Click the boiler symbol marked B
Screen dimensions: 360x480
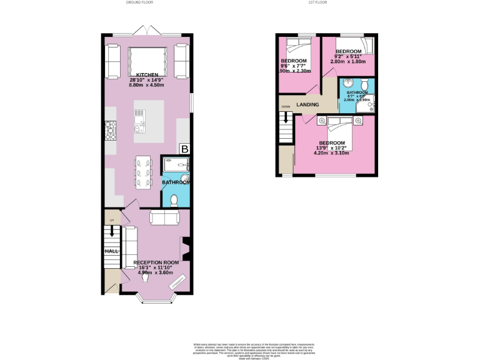click(184, 149)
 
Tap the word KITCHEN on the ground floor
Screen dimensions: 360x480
click(147, 74)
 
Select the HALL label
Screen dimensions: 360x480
click(111, 251)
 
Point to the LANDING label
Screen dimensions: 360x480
click(308, 104)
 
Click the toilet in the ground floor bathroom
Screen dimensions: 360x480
click(174, 199)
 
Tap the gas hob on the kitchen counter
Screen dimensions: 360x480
click(110, 131)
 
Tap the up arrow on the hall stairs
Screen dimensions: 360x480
click(112, 231)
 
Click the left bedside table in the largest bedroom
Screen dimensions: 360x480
click(321, 119)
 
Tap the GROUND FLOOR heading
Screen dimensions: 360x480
click(140, 2)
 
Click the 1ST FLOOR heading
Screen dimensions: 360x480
click(317, 2)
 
